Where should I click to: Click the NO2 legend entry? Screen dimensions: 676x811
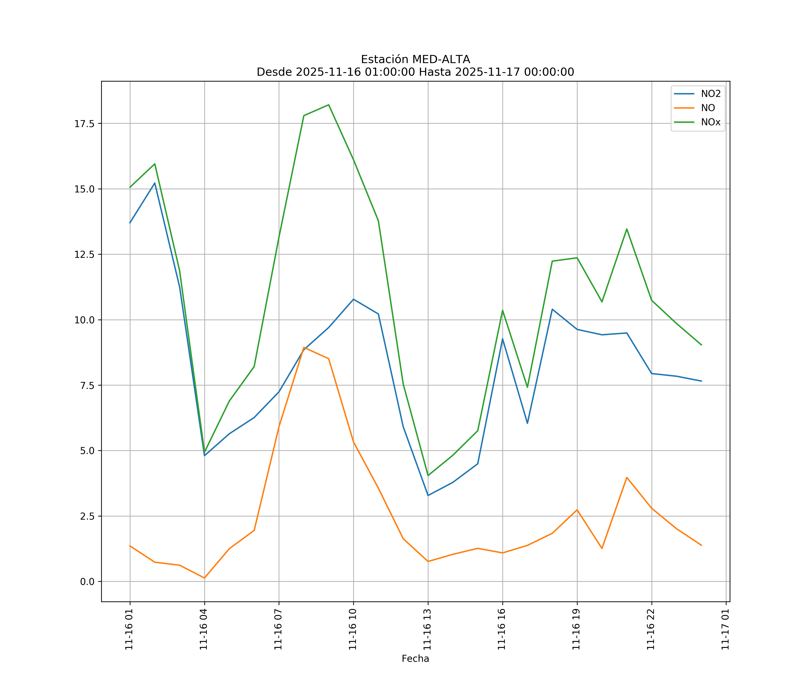pyautogui.click(x=711, y=94)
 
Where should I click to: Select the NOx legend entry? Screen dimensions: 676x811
pyautogui.click(x=711, y=122)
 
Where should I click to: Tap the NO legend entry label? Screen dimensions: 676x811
pyautogui.click(x=708, y=108)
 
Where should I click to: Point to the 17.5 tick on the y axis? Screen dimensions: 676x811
pyautogui.click(x=84, y=124)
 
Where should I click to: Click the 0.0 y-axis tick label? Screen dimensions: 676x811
pyautogui.click(x=87, y=582)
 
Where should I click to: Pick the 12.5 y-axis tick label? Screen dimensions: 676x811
pyautogui.click(x=84, y=255)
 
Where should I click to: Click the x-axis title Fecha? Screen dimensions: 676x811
pyautogui.click(x=415, y=659)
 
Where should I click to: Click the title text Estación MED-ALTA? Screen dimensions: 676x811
pyautogui.click(x=415, y=59)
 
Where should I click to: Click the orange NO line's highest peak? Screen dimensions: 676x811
pyautogui.click(x=304, y=347)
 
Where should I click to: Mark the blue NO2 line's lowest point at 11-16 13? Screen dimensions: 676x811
pyautogui.click(x=428, y=495)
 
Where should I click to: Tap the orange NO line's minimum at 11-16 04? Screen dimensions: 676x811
pyautogui.click(x=204, y=578)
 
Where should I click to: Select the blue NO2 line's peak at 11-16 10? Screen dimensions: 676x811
pyautogui.click(x=353, y=299)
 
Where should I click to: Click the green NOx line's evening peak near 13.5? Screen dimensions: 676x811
pyautogui.click(x=627, y=229)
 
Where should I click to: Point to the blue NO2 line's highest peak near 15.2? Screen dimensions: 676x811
pyautogui.click(x=155, y=183)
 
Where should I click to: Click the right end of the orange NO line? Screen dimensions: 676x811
pyautogui.click(x=701, y=546)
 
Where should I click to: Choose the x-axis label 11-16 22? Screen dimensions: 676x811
pyautogui.click(x=651, y=630)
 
